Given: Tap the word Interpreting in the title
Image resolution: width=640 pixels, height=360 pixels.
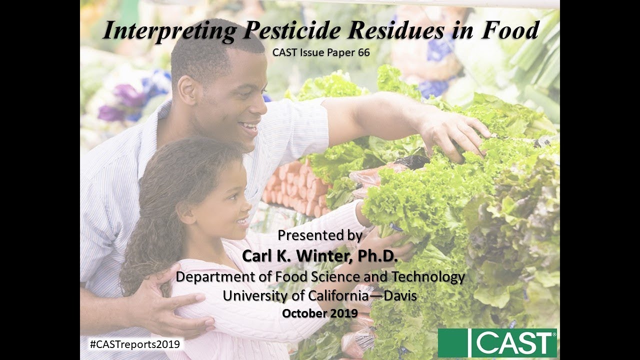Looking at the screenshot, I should point(169,31).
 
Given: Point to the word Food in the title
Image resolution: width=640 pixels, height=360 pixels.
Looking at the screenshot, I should point(510,31).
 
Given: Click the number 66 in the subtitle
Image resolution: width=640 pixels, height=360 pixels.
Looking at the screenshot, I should point(363,52).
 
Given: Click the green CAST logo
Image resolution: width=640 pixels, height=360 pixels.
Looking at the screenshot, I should point(497,343).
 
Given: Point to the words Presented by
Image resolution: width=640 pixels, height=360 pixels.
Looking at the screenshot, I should point(320,235).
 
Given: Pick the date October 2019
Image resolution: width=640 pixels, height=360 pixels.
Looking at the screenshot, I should point(320,313).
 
